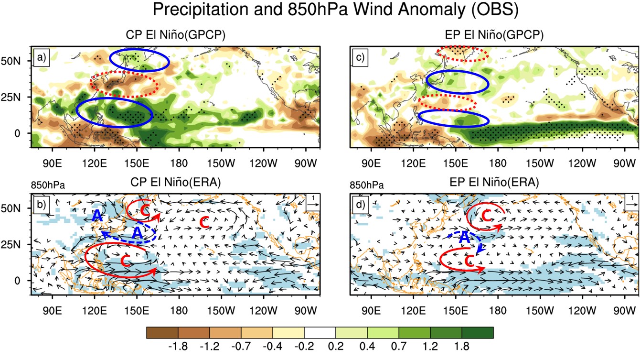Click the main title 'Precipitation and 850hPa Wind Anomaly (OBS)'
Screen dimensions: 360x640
(x=320, y=11)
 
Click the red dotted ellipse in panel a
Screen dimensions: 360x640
(x=124, y=84)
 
